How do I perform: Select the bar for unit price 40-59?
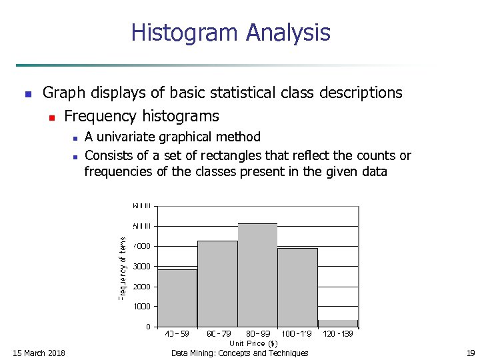pyautogui.click(x=177, y=297)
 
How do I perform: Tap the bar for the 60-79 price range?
pyautogui.click(x=217, y=283)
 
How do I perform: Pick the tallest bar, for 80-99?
pyautogui.click(x=257, y=275)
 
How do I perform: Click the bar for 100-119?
pyautogui.click(x=297, y=287)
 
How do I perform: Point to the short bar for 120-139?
pyautogui.click(x=338, y=323)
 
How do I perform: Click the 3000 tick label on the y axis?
pyautogui.click(x=142, y=267)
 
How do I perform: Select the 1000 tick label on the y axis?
pyautogui.click(x=142, y=307)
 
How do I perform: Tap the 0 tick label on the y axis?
pyautogui.click(x=148, y=327)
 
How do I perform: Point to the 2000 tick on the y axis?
pyautogui.click(x=142, y=287)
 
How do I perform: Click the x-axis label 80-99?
pyautogui.click(x=257, y=334)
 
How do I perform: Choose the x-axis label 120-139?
pyautogui.click(x=338, y=334)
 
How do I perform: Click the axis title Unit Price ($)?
pyautogui.click(x=258, y=343)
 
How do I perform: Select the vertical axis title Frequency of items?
pyautogui.click(x=122, y=268)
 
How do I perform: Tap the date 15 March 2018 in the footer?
pyautogui.click(x=39, y=353)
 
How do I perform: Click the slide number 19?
pyautogui.click(x=471, y=353)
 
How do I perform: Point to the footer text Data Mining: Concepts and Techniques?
pyautogui.click(x=240, y=353)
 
